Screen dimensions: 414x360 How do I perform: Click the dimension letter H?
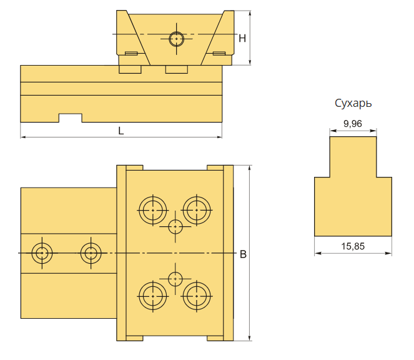242,39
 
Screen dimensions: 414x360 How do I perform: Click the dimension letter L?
121,131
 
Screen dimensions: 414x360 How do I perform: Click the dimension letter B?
243,254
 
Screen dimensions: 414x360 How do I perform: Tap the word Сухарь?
353,103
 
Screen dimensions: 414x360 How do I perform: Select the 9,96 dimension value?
353,123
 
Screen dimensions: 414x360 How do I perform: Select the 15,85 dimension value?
353,246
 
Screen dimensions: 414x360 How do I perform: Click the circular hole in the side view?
176,39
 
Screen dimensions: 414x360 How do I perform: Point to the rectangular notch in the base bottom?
70,118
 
